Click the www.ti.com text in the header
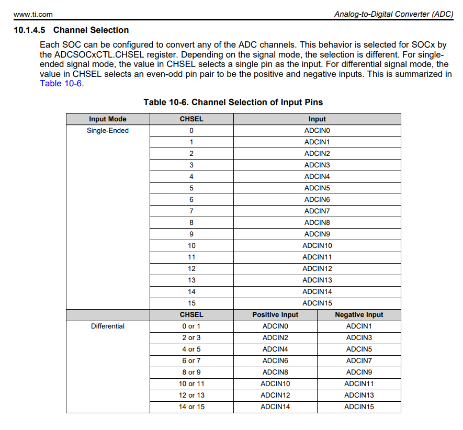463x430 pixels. pos(33,14)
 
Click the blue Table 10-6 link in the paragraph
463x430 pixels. pos(61,83)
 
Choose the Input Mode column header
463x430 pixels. pos(107,119)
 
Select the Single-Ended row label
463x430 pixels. pos(107,130)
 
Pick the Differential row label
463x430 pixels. pos(107,326)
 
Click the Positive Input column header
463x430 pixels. pos(275,314)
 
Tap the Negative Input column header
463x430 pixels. pos(359,314)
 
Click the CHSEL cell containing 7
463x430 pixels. pos(191,211)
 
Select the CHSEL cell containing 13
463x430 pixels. pos(191,280)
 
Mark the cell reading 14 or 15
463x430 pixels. pos(191,406)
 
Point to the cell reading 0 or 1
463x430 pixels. pos(191,326)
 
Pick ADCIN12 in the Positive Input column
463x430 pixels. pos(275,395)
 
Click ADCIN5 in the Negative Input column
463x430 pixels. pos(359,349)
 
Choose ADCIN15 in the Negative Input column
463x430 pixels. pos(359,406)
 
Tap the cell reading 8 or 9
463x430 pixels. pos(191,372)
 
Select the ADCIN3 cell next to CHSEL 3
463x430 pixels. pos(317,165)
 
